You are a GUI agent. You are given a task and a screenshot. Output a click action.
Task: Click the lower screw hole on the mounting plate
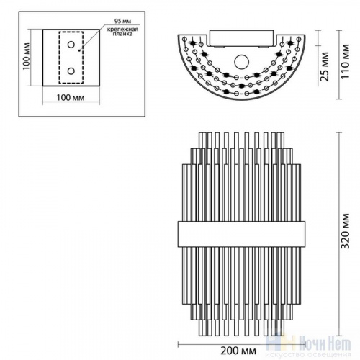click(x=71, y=71)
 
